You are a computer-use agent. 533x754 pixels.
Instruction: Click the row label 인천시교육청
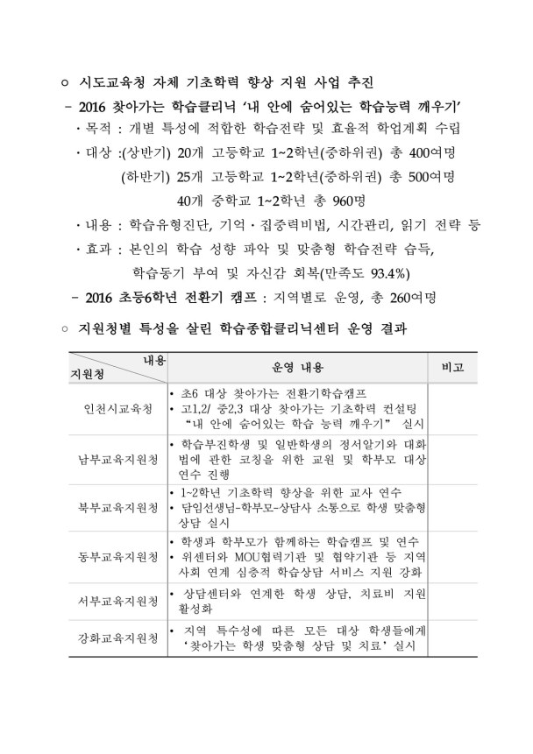[x=117, y=410]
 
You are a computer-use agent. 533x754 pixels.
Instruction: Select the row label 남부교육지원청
[x=117, y=457]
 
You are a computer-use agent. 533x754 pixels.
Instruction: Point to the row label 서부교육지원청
[x=117, y=602]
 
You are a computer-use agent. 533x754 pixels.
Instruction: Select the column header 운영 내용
[x=295, y=368]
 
